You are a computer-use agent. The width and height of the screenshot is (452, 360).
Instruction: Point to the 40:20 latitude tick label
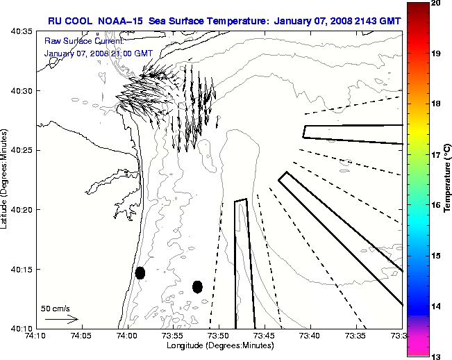coord(23,209)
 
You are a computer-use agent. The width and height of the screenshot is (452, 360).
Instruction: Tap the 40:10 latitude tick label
coord(23,327)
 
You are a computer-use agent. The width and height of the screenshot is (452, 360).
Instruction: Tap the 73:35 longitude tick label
coord(356,336)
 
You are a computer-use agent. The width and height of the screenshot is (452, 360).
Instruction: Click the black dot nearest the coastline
coord(140,272)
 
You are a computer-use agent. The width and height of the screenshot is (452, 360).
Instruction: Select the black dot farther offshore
coord(197,286)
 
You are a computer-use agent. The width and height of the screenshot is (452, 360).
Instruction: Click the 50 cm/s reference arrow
coord(61,319)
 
